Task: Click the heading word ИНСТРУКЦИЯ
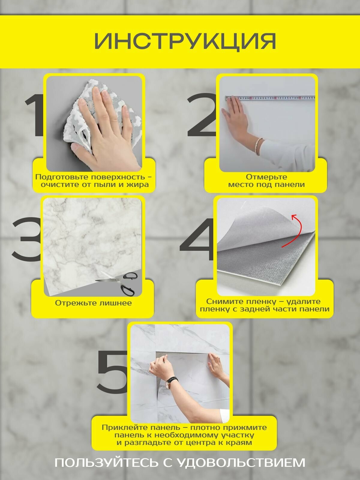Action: [x=185, y=41]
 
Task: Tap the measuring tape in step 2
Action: [x=270, y=98]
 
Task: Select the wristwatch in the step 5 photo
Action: [x=170, y=382]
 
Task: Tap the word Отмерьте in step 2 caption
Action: [x=266, y=177]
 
